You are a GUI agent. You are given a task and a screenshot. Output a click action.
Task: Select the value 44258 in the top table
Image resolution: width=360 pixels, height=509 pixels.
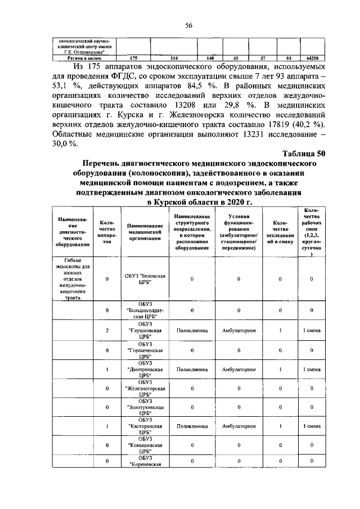tap(312, 58)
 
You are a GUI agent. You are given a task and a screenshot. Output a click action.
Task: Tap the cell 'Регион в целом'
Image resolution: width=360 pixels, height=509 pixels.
tap(84, 58)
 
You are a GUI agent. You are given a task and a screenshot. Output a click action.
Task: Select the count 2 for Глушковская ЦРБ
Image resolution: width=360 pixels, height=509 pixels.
tap(107, 330)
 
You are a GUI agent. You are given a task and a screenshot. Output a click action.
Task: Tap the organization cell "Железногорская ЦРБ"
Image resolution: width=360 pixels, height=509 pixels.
tap(145, 388)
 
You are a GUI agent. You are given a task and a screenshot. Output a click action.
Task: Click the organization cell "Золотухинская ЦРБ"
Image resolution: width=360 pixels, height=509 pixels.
tap(145, 407)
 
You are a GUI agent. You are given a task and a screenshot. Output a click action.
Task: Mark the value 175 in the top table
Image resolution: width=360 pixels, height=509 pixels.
tap(133, 58)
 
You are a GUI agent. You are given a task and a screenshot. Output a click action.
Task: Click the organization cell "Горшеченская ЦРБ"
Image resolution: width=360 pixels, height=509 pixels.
tap(145, 350)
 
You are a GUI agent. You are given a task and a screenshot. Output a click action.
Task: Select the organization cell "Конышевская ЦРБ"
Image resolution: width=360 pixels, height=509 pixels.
tap(145, 444)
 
